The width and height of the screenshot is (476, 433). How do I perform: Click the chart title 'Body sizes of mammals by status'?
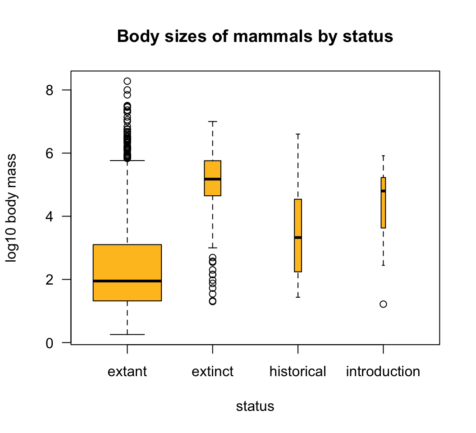click(255, 37)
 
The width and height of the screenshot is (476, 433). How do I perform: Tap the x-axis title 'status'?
click(255, 406)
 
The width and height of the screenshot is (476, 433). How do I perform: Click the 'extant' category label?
click(127, 372)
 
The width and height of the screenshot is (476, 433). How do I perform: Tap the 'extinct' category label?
click(213, 372)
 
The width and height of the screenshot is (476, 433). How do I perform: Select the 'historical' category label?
click(297, 372)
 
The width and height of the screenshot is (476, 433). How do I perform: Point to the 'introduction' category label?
click(383, 372)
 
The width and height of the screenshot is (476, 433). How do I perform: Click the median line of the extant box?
click(127, 281)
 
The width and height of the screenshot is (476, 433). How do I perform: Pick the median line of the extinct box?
click(213, 179)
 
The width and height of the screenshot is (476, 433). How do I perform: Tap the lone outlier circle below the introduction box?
click(383, 304)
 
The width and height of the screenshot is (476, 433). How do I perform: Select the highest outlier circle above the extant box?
click(127, 81)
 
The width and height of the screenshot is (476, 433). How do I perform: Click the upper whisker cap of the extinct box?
click(213, 121)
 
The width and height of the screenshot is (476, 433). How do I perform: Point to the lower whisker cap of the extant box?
click(127, 334)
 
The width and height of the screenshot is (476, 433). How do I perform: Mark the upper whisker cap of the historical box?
click(298, 134)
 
